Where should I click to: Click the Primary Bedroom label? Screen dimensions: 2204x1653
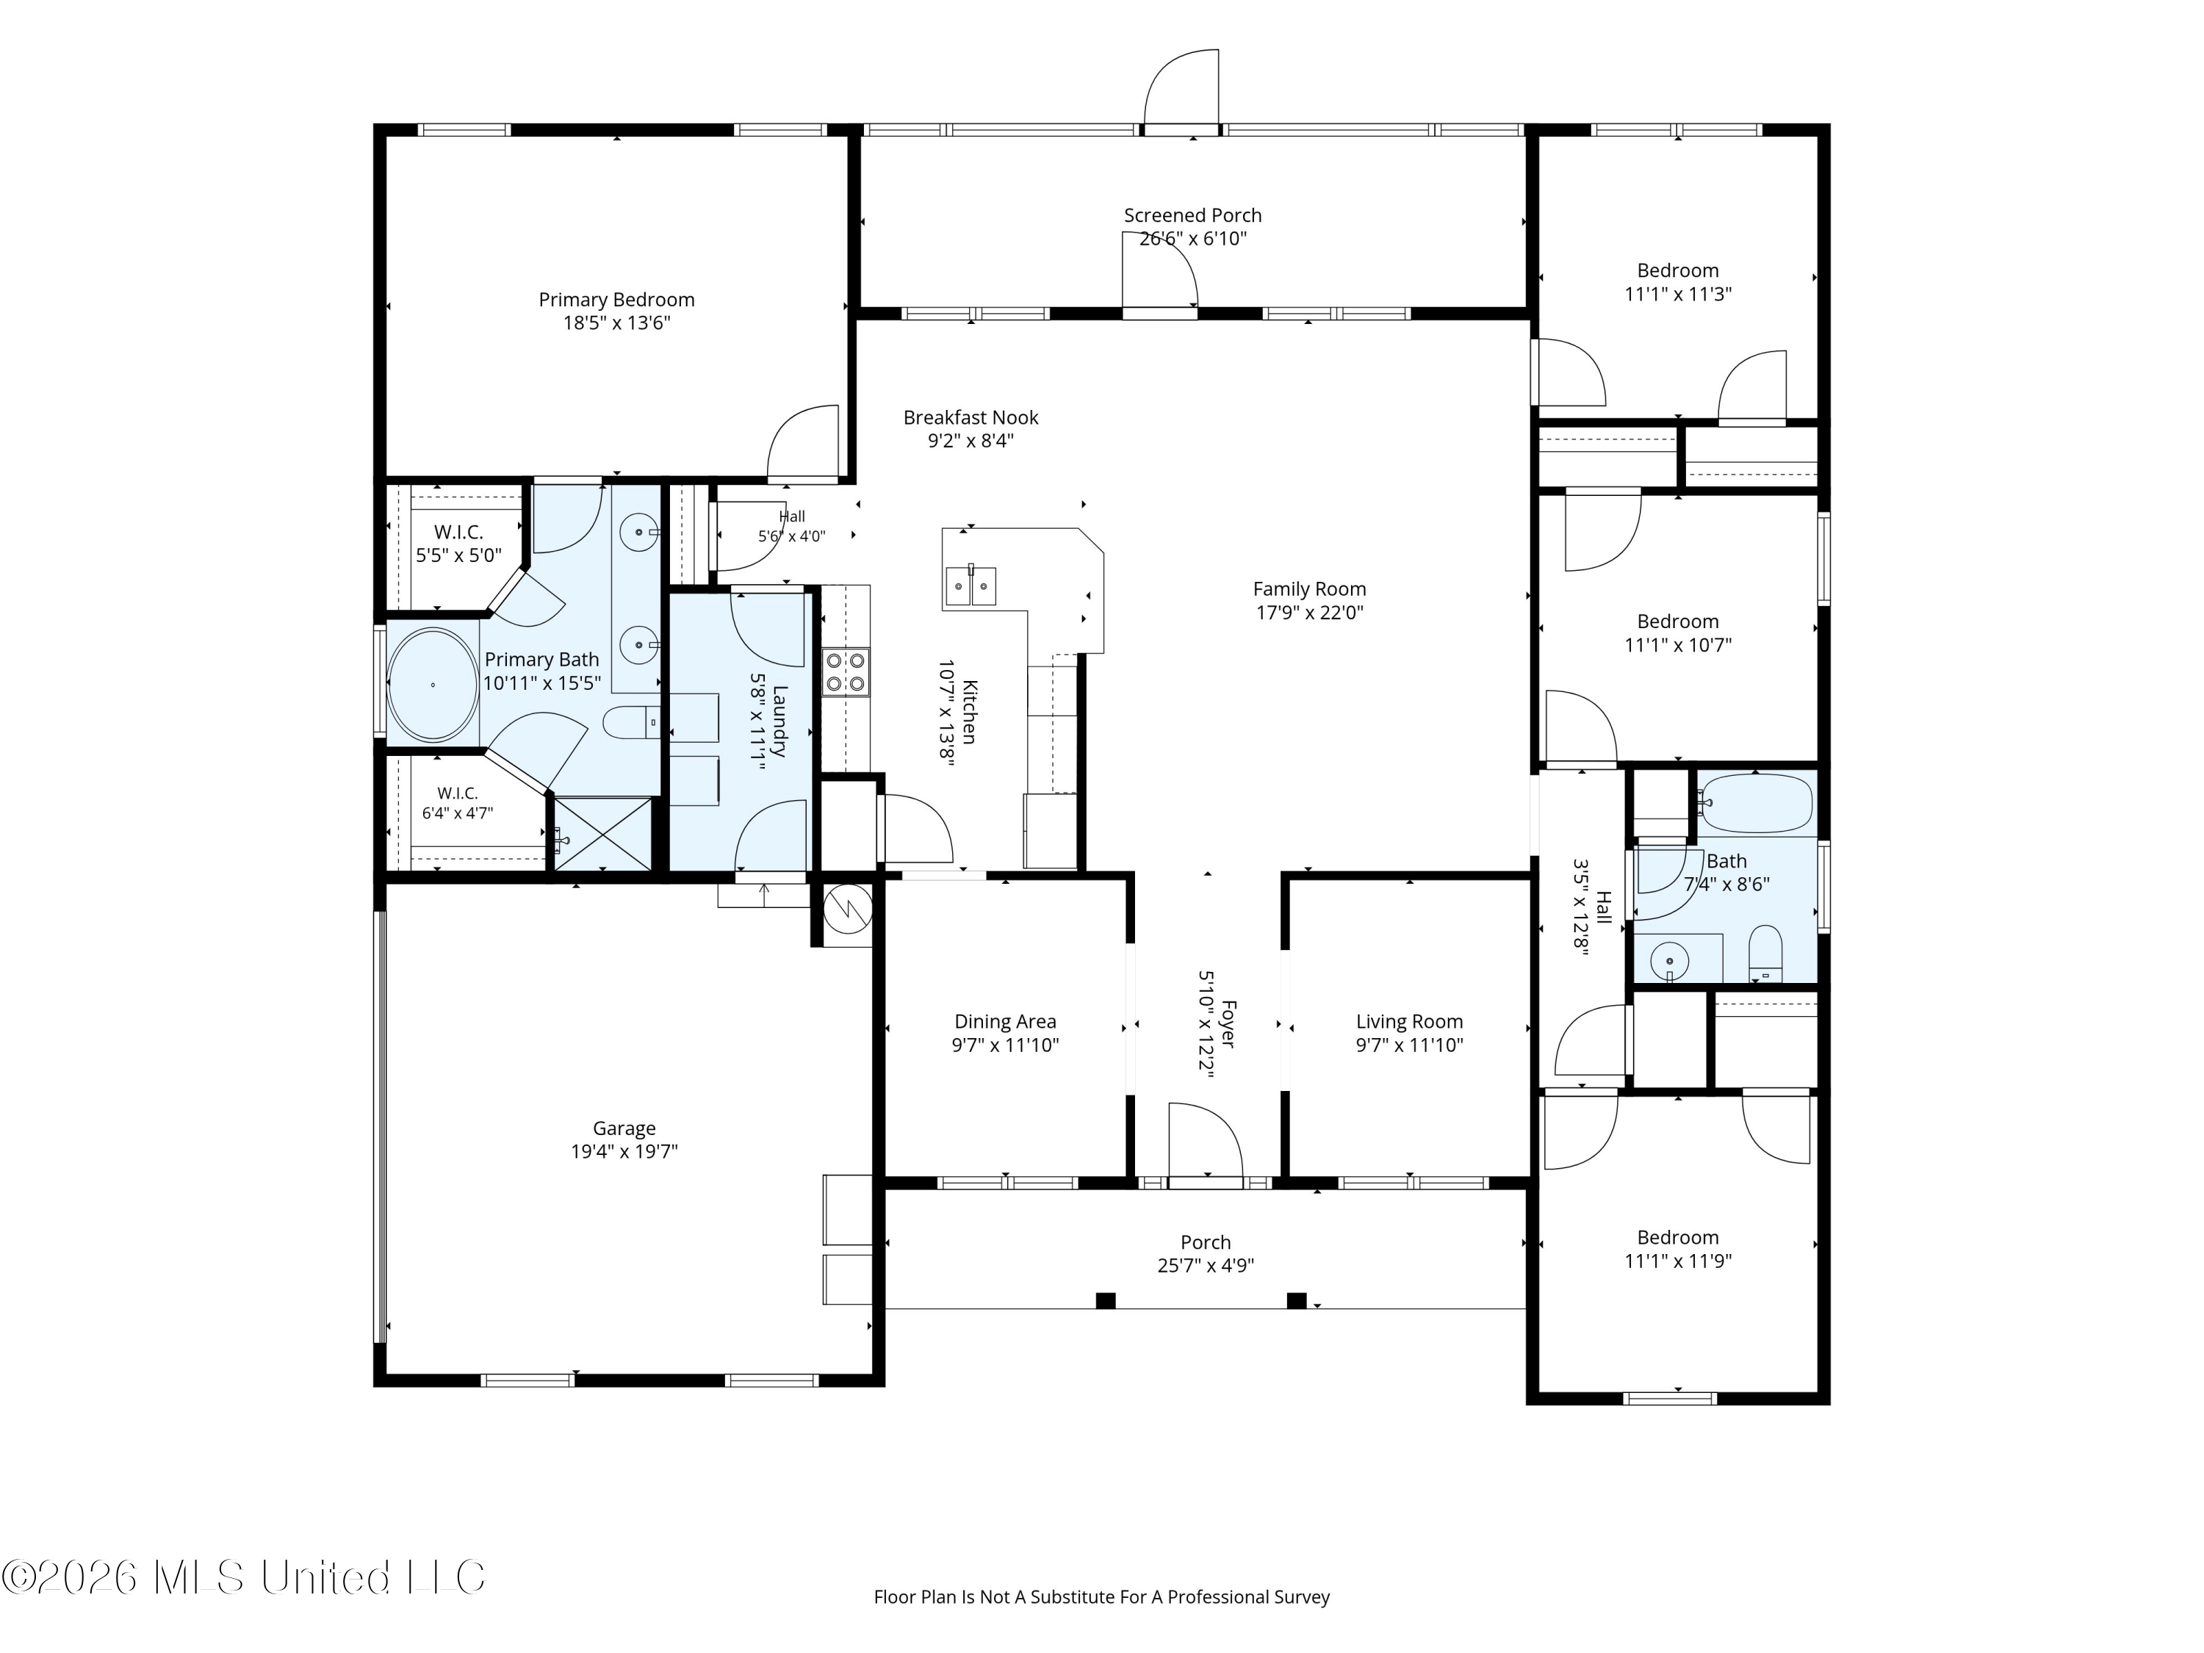[x=617, y=300]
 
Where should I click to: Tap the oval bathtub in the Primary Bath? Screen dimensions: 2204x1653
[x=433, y=685]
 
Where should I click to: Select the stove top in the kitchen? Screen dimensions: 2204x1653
[x=845, y=671]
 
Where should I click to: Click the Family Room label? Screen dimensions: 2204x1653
[x=1309, y=589]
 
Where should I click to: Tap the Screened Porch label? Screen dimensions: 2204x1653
[x=1192, y=215]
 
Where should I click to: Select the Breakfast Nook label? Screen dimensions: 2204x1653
[x=971, y=417]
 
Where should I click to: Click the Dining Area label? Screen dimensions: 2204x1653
[x=1005, y=1021]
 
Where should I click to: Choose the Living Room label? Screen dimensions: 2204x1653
[x=1409, y=1021]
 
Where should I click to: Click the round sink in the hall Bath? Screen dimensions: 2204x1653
[x=1669, y=962]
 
